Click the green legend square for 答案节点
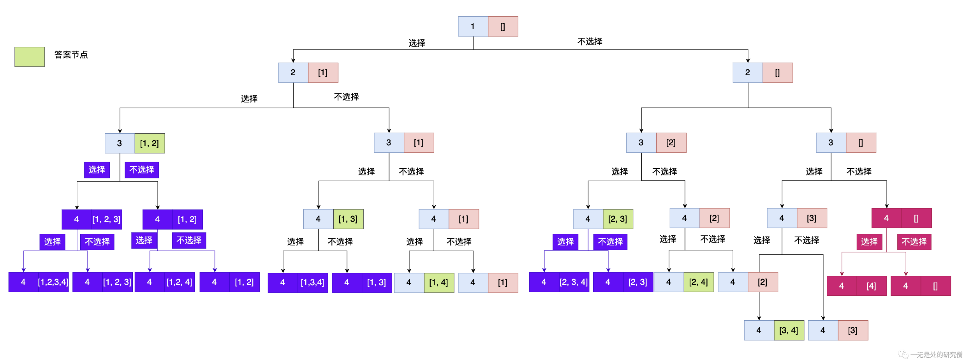point(30,57)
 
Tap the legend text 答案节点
point(71,55)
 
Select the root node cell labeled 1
point(473,26)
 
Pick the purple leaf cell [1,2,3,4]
point(53,282)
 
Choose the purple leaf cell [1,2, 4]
point(179,282)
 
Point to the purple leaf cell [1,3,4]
point(312,282)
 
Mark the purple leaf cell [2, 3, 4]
point(574,282)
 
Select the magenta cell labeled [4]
point(872,286)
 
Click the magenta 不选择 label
point(914,242)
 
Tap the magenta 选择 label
point(869,242)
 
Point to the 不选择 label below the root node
point(590,42)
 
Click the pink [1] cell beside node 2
point(323,72)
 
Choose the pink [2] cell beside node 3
point(671,143)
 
